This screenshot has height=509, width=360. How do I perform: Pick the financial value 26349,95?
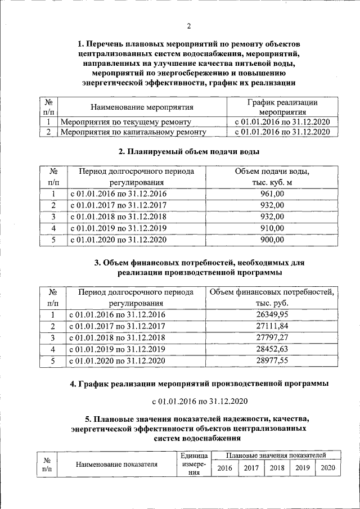pos(272,315)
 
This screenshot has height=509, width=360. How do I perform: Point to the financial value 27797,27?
pos(272,338)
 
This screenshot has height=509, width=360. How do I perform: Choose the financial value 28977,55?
pos(272,361)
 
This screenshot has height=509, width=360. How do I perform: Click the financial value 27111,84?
pos(272,326)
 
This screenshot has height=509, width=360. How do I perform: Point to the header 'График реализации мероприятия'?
pos(282,107)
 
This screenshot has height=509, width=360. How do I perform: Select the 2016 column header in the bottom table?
pos(225,468)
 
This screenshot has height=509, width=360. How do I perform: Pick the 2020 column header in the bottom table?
pos(328,468)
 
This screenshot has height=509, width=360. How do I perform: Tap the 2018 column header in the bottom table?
pos(276,468)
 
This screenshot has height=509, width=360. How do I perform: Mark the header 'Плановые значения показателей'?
pos(276,454)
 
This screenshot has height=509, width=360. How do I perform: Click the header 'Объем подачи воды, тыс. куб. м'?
pos(272,176)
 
